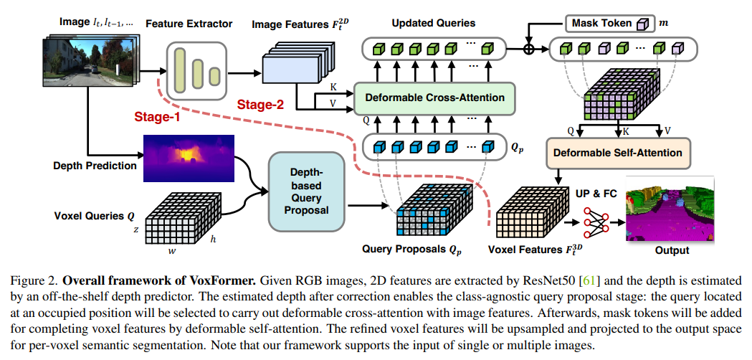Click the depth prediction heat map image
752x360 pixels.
[189, 158]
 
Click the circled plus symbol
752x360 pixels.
[531, 49]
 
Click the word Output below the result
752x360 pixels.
[672, 251]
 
